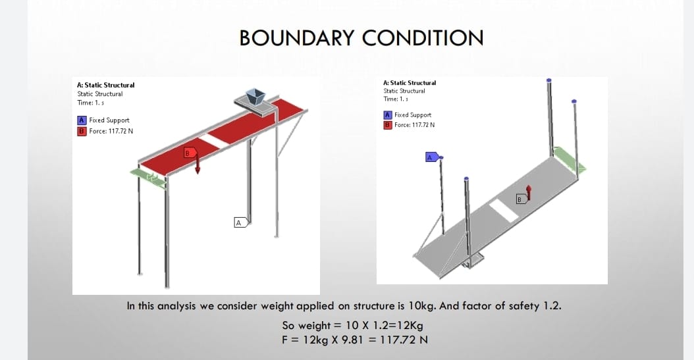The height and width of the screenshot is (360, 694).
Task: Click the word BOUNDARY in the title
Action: (296, 38)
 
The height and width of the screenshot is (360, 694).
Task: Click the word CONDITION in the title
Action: (423, 38)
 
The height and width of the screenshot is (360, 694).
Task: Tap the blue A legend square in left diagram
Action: (82, 120)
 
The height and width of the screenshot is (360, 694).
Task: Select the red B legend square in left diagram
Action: (82, 132)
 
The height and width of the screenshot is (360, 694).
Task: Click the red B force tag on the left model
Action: (190, 153)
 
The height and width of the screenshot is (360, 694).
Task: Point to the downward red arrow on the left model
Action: (198, 163)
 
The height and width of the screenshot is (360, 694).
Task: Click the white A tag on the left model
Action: (241, 222)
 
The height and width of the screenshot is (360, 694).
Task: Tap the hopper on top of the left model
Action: (255, 98)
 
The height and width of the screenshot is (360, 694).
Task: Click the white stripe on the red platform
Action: (213, 141)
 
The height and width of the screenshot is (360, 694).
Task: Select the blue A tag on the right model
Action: (432, 157)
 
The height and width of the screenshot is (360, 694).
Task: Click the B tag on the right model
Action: (521, 199)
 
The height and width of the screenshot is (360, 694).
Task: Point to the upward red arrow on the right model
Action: (529, 193)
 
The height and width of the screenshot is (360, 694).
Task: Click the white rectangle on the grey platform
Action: (503, 211)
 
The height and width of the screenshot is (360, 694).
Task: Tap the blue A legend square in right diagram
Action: (388, 115)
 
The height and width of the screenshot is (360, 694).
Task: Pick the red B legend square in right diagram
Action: (388, 125)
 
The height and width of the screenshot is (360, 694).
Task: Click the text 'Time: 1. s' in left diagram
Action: (91, 103)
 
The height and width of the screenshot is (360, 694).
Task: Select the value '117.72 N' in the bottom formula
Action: (404, 340)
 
